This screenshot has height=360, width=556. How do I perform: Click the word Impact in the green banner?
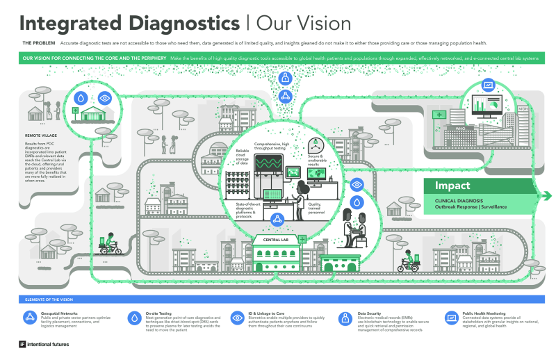coord(452,186)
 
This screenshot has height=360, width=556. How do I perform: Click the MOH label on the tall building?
coord(523,110)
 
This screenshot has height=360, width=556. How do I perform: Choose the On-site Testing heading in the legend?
coord(160,313)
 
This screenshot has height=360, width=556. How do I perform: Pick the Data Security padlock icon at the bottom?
coord(344,318)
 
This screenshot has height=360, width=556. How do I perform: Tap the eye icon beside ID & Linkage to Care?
coord(237,318)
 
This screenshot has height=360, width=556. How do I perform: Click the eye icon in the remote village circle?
coord(104,98)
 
